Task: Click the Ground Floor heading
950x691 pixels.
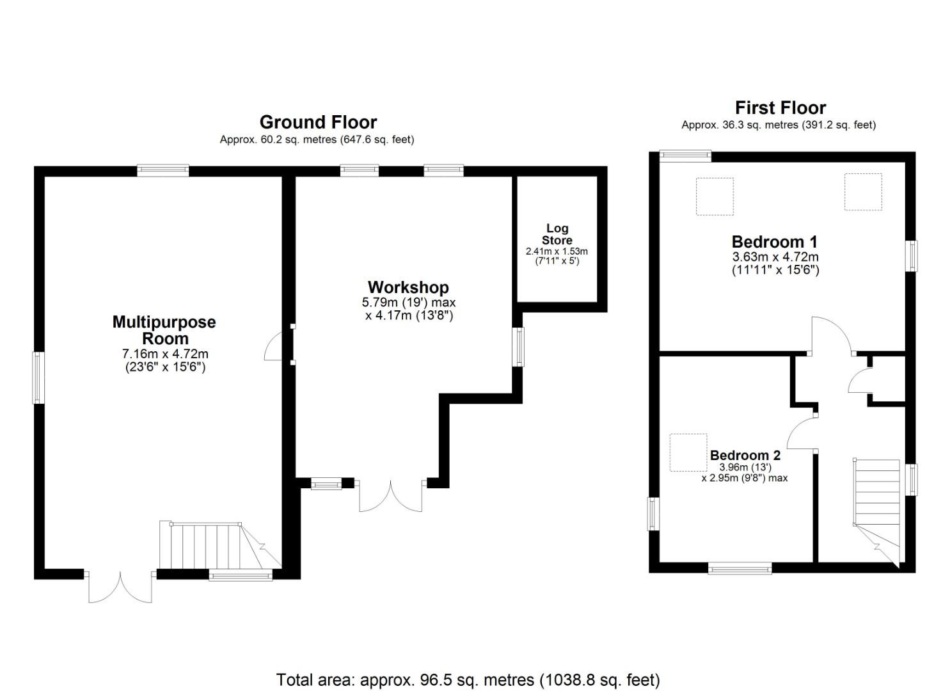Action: tap(318, 122)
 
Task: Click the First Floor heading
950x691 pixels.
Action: tap(780, 107)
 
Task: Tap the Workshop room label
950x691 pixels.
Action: tap(408, 287)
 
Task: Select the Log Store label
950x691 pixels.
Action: tap(557, 234)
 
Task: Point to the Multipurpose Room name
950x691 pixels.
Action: tap(164, 330)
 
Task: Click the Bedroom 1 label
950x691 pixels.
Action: tap(775, 242)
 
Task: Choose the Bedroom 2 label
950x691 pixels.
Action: tap(745, 456)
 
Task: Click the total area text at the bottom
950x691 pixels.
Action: tap(468, 679)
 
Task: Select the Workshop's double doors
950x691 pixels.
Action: tap(391, 495)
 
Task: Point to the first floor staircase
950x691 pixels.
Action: tap(877, 505)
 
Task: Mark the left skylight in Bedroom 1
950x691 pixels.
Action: tap(714, 196)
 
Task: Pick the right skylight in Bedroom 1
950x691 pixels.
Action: tap(863, 191)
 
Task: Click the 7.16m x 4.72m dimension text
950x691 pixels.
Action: tap(165, 354)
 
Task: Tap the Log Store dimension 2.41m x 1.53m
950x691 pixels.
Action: tap(557, 251)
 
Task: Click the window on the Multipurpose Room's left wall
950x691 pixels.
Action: tap(38, 377)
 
